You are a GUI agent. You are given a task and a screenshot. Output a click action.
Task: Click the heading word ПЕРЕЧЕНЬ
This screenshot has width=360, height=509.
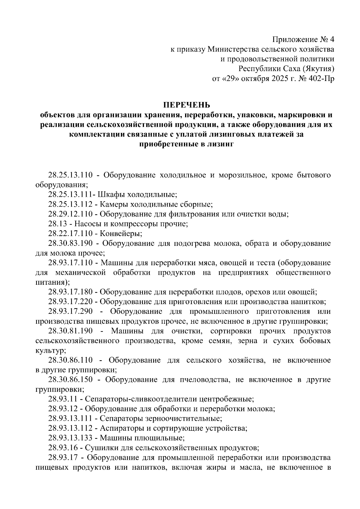[x=187, y=105]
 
